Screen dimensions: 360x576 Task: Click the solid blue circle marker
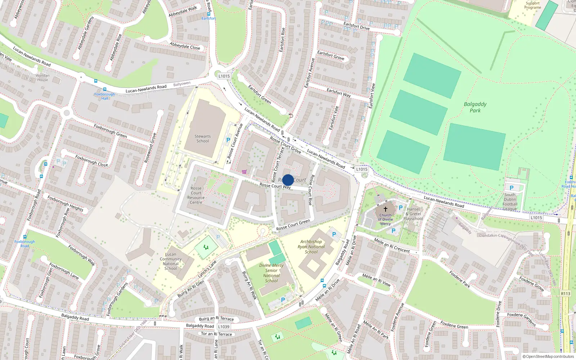(x=288, y=180)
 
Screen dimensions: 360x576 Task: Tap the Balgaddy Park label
(x=475, y=107)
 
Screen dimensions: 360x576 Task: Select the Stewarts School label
(x=203, y=139)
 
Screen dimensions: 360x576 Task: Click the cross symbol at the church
(x=385, y=209)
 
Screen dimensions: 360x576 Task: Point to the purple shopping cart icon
(x=244, y=172)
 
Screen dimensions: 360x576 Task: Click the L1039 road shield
(x=224, y=327)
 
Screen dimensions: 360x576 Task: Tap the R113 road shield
(x=566, y=293)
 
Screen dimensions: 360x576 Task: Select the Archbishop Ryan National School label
(x=311, y=247)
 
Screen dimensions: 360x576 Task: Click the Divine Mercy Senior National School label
(x=271, y=273)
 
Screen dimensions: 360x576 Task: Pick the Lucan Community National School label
(x=171, y=261)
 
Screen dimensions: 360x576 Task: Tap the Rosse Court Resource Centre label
(x=196, y=195)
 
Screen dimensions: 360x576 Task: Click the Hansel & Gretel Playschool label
(x=413, y=214)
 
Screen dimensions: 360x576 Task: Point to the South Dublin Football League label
(x=510, y=202)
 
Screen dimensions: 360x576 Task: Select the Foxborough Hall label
(x=104, y=96)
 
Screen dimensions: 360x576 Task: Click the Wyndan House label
(x=42, y=77)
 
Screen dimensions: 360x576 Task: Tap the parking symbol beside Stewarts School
(x=228, y=140)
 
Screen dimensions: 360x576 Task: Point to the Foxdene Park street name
(x=460, y=279)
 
